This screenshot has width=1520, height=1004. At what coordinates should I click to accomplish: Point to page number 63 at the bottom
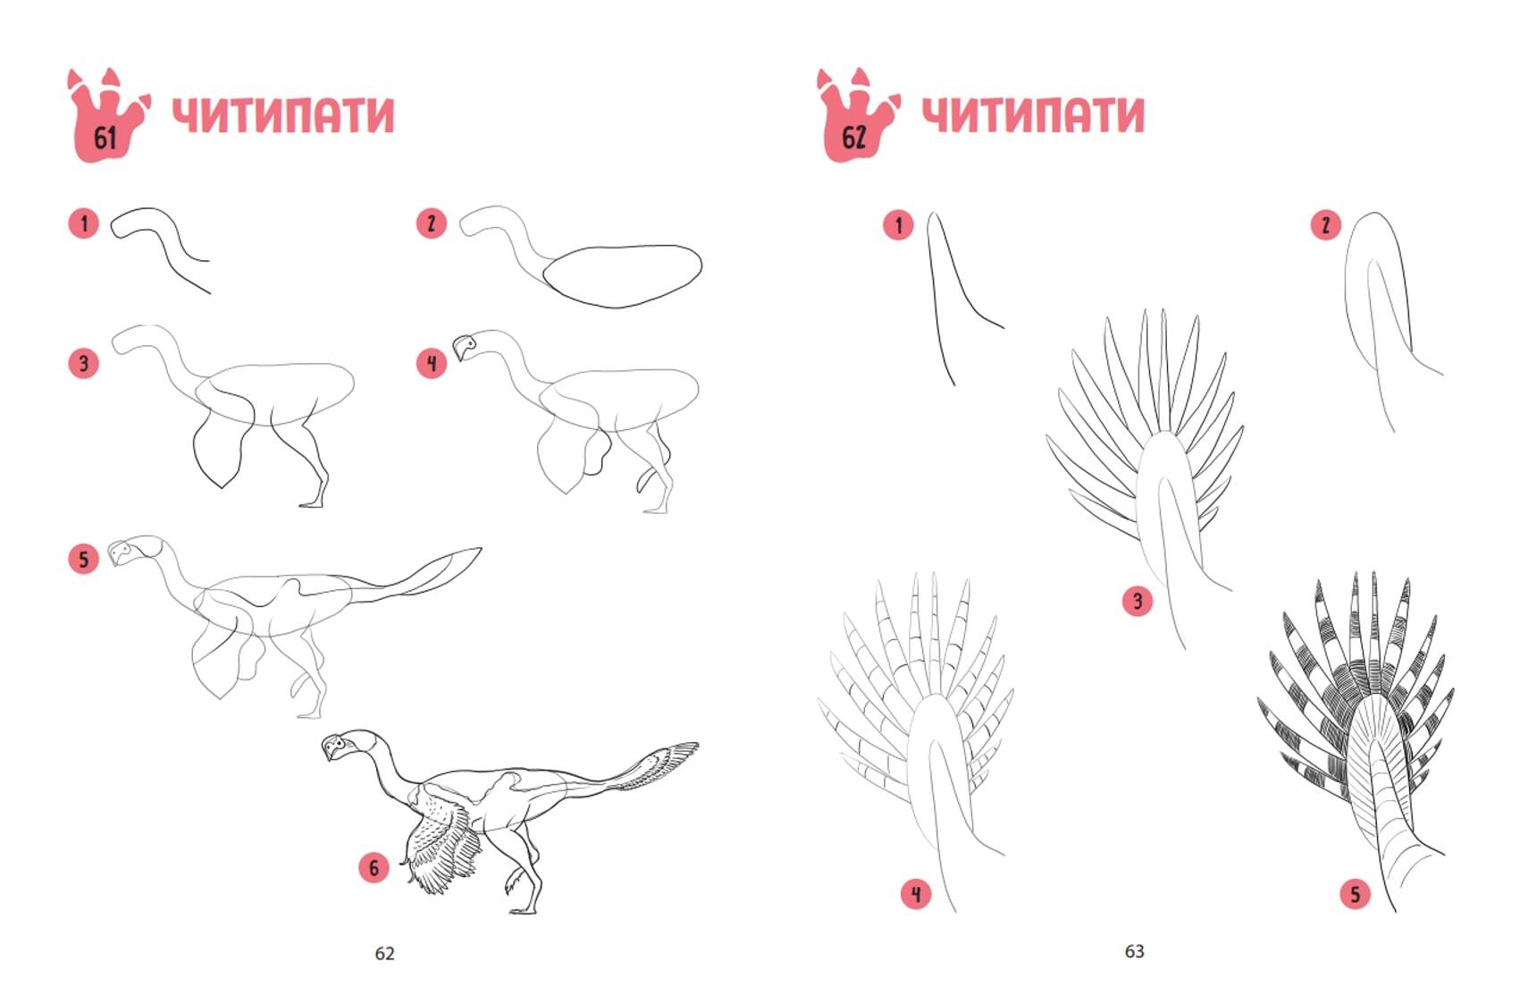[1135, 951]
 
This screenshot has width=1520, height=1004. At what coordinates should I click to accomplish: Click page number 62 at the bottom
[385, 953]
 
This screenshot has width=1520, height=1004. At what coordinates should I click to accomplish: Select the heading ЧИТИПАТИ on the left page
[283, 114]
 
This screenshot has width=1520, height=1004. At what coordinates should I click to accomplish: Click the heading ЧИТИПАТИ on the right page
[1034, 114]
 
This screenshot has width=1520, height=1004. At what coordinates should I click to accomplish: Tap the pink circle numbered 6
[374, 867]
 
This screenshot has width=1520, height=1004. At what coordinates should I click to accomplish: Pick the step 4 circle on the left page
[432, 363]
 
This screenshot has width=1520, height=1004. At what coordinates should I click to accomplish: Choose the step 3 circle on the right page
[1138, 601]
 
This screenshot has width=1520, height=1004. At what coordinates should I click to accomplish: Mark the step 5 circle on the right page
[1355, 894]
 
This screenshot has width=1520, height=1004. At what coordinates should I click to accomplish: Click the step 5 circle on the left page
[83, 559]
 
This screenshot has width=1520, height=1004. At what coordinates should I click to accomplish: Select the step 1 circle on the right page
[898, 224]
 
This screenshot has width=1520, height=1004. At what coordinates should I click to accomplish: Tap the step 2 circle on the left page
[432, 223]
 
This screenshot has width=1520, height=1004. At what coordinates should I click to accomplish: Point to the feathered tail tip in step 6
[693, 747]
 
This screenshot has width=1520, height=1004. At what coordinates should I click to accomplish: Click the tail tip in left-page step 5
[478, 549]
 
